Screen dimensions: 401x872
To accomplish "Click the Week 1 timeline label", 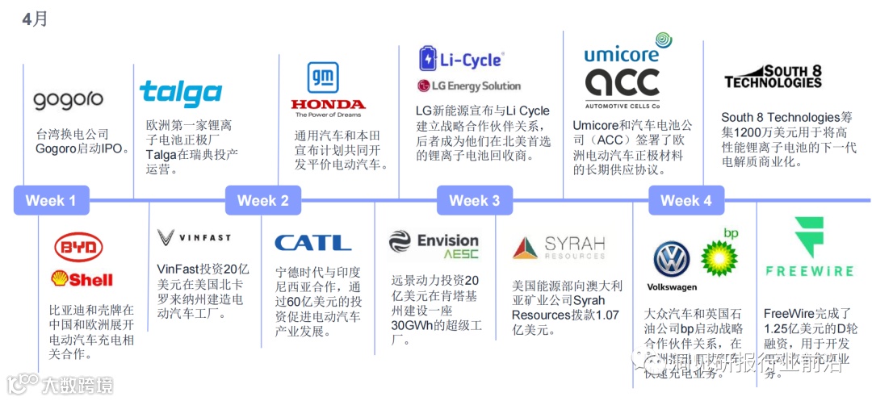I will tap(51, 200).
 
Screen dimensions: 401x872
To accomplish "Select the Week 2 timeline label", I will tap(262, 200).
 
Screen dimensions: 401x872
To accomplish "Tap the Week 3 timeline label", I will tap(474, 200).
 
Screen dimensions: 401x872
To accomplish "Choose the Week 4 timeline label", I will tap(685, 200).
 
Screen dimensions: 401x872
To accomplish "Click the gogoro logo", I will tap(68, 100).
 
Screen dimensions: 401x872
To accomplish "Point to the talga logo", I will tap(181, 94).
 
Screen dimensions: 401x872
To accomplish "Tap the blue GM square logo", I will tap(323, 77).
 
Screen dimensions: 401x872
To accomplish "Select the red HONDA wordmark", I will tap(328, 105).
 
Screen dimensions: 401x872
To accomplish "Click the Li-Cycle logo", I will tap(460, 59).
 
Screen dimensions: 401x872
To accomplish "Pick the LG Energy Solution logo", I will tap(469, 86).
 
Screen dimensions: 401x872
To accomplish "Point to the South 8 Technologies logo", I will tap(773, 77).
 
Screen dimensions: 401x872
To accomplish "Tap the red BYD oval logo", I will tap(78, 247).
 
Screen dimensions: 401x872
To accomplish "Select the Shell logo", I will tap(82, 278).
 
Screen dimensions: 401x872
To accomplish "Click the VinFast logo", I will tap(194, 237).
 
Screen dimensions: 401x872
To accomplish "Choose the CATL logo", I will tap(312, 242).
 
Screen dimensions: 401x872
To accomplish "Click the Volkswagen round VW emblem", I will tap(672, 260).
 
